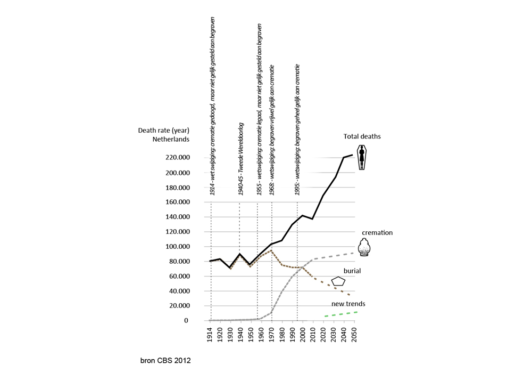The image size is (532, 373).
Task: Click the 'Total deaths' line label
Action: pyautogui.click(x=362, y=136)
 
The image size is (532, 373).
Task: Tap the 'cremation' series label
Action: pyautogui.click(x=377, y=233)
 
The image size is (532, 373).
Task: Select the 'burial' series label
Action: pyautogui.click(x=352, y=271)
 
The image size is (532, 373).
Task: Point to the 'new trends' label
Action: pyautogui.click(x=348, y=304)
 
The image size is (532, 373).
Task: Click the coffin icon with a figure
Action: pyautogui.click(x=362, y=157)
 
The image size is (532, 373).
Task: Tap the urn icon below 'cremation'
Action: pyautogui.click(x=364, y=247)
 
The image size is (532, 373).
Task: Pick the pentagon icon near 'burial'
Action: pyautogui.click(x=338, y=281)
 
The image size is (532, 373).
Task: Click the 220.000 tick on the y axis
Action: pyautogui.click(x=178, y=158)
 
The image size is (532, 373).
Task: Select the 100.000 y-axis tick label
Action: pyautogui.click(x=178, y=247)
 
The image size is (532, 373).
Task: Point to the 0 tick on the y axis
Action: pyautogui.click(x=186, y=321)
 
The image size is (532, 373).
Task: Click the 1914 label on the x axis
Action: pyautogui.click(x=210, y=335)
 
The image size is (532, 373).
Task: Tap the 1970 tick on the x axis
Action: pyautogui.click(x=272, y=335)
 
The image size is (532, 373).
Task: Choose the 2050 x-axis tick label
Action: pyautogui.click(x=354, y=335)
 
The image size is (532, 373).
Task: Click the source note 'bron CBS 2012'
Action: pyautogui.click(x=165, y=361)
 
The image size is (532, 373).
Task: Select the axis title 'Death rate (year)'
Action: pyautogui.click(x=163, y=131)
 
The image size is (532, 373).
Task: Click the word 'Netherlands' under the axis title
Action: pyautogui.click(x=171, y=139)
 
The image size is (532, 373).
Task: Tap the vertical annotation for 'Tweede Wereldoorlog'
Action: pyautogui.click(x=241, y=159)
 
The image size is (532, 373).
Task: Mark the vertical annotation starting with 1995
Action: pyautogui.click(x=297, y=129)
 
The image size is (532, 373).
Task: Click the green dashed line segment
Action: pyautogui.click(x=340, y=314)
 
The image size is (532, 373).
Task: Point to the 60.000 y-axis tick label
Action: pyautogui.click(x=179, y=277)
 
